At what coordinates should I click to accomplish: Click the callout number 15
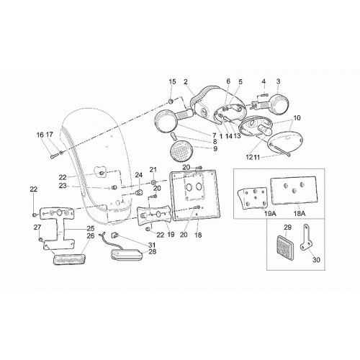172,82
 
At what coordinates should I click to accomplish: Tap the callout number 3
278,81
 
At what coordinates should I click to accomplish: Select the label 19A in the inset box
270,213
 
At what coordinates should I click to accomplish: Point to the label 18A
300,213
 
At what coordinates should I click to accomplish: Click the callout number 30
317,259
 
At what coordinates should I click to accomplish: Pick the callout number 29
287,227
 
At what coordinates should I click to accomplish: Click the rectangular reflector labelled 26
68,259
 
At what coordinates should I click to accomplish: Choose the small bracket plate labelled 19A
252,197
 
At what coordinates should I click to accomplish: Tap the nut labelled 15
171,102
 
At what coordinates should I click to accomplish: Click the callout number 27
37,227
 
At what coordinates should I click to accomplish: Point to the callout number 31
152,245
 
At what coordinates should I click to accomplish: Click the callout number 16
40,135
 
